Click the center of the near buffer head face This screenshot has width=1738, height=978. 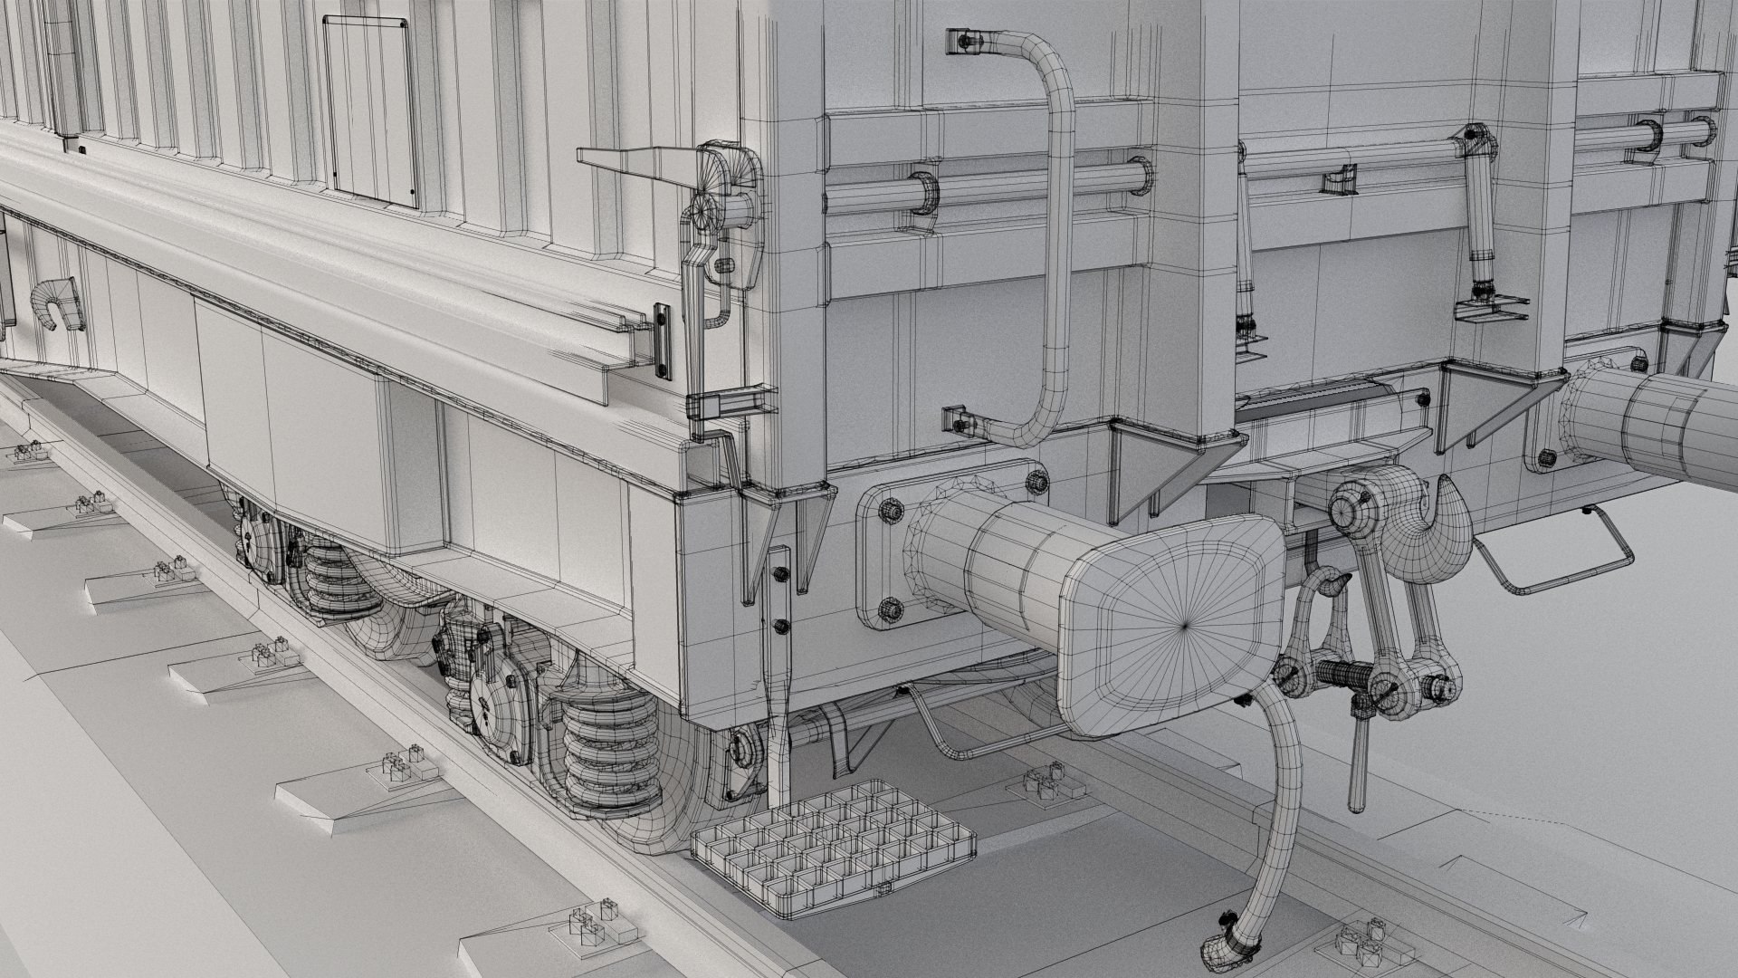1186,623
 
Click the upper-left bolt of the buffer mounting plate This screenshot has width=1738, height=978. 891,511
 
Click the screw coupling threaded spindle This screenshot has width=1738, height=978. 1340,676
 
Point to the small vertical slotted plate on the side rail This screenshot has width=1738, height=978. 664,340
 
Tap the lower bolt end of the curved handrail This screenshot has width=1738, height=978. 960,421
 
